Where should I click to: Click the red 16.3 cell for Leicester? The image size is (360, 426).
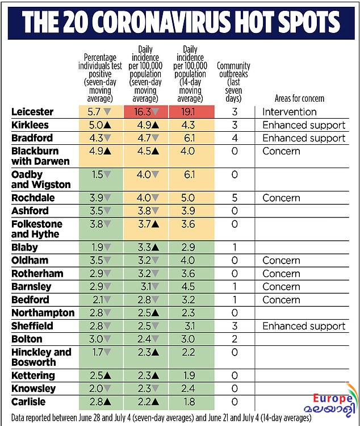point(146,112)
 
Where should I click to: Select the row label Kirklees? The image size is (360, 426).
point(30,125)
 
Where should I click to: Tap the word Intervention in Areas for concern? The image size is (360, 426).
point(290,112)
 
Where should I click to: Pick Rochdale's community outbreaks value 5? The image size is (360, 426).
point(235,198)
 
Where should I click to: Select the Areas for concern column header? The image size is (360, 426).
point(299,98)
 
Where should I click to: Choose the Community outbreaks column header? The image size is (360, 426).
point(233,82)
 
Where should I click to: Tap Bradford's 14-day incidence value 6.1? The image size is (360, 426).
point(190,138)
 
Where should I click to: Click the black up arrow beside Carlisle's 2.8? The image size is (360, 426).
point(107,402)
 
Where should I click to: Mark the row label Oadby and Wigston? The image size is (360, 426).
point(41,179)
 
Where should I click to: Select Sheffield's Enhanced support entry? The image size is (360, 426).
point(304,326)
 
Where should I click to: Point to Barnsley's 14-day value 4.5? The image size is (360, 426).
point(188,287)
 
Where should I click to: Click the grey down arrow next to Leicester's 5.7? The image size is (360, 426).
point(107,111)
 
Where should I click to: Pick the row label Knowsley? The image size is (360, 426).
point(34,389)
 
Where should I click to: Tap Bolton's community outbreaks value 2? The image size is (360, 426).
point(235,339)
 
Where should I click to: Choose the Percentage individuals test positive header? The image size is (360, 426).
point(101,78)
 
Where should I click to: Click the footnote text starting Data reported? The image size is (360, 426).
point(161,417)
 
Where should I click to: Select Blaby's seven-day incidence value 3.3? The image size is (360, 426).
point(145,247)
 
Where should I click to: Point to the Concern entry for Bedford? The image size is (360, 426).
point(281,300)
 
